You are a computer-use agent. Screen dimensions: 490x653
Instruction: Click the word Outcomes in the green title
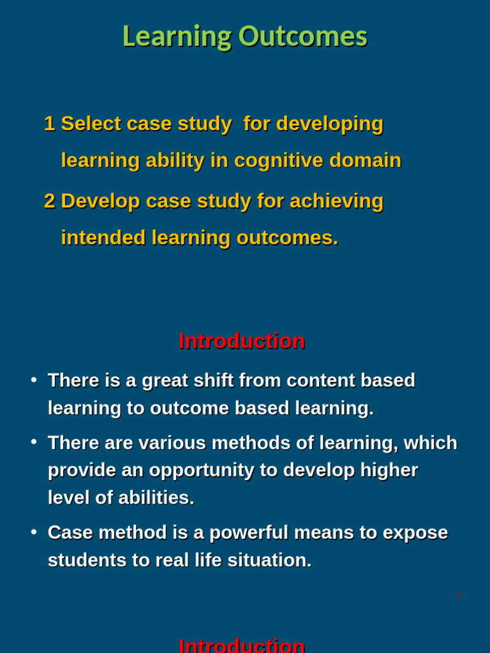point(303,36)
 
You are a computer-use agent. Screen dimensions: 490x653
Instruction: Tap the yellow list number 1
point(49,124)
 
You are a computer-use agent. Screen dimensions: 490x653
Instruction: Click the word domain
point(365,160)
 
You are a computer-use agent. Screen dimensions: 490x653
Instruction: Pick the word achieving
point(336,201)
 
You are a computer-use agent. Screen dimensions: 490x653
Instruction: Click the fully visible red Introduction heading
point(242,341)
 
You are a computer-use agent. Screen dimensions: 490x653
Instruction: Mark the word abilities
point(156,497)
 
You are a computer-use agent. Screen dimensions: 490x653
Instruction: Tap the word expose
point(415,533)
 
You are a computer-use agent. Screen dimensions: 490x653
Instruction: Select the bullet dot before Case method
point(34,532)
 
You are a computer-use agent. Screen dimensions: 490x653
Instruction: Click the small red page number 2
point(458,596)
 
